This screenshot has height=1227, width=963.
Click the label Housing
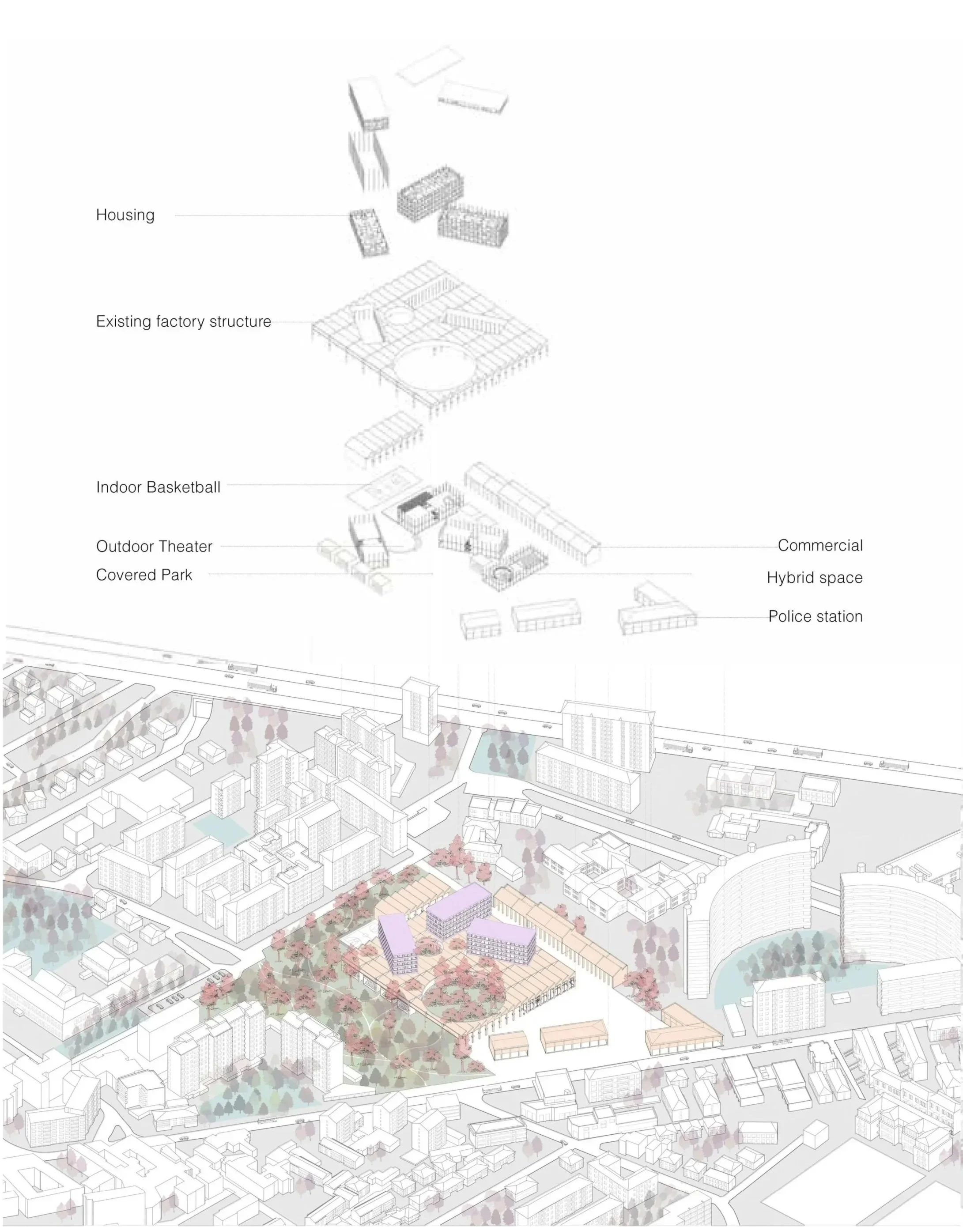[125, 215]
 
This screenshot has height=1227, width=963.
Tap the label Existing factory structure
[183, 321]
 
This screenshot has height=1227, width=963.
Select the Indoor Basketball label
[158, 487]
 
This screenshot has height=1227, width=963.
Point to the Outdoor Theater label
[154, 546]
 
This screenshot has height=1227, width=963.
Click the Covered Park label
[144, 574]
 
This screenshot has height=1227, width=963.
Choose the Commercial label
[820, 545]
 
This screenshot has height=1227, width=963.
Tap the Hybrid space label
[814, 578]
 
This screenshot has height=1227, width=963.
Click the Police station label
[815, 616]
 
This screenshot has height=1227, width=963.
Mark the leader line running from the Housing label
[259, 215]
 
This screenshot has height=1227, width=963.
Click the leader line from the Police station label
[733, 617]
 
